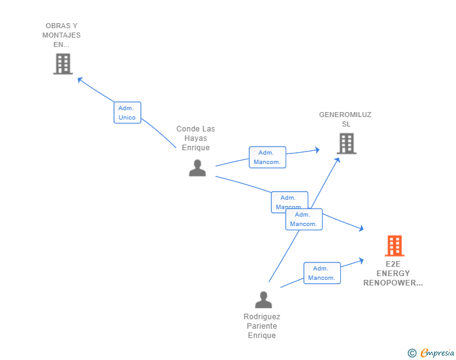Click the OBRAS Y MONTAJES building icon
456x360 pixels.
[63, 64]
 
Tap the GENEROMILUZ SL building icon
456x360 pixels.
[346, 143]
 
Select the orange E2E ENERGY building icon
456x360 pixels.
[395, 246]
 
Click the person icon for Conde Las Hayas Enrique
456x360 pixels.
[197, 168]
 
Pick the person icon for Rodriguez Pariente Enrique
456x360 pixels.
[263, 300]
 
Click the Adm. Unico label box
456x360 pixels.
[127, 113]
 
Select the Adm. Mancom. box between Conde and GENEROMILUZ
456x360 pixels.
[267, 157]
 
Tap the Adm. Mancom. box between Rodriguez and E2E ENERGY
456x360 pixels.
[322, 273]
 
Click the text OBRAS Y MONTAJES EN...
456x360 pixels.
[61, 35]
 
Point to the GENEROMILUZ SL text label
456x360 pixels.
[345, 119]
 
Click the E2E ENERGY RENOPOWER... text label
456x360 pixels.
[393, 273]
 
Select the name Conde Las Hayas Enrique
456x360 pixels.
[195, 138]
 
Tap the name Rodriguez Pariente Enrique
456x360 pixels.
[262, 326]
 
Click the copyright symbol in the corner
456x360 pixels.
[412, 353]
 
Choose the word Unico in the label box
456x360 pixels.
[127, 118]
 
